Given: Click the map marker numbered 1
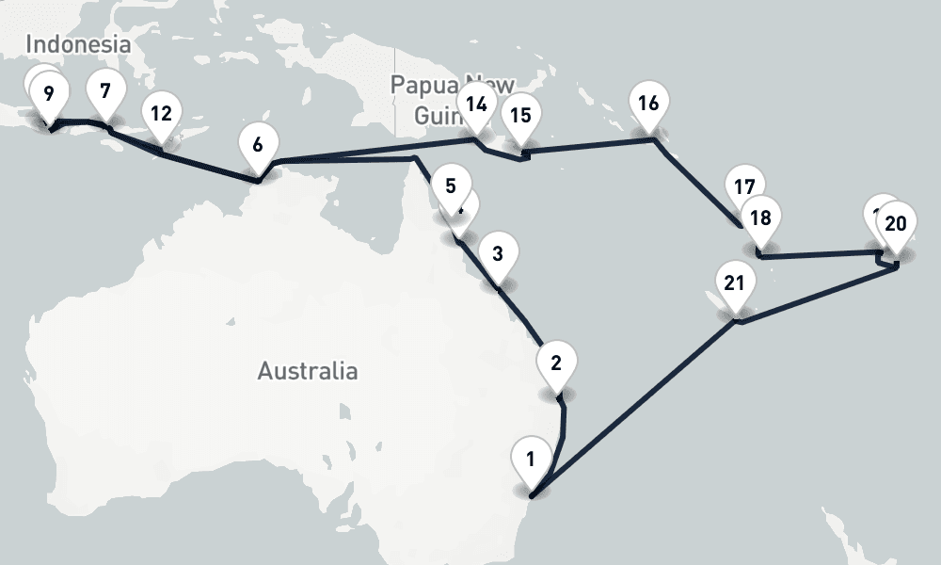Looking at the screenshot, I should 531,460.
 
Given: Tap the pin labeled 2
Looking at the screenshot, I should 556,363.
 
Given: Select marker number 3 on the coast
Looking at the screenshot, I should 498,253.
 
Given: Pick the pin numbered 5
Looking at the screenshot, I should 451,186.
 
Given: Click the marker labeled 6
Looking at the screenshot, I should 258,146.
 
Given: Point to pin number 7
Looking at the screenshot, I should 104,92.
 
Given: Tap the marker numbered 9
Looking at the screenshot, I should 48,94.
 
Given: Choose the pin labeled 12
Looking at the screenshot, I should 161,114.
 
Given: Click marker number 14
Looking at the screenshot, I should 477,104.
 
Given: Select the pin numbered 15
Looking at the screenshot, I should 519,116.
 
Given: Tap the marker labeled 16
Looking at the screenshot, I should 647,104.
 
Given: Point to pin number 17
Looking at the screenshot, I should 745,185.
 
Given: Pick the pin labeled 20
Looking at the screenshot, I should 896,223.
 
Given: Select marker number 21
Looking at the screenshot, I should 735,282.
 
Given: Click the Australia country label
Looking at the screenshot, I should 308,371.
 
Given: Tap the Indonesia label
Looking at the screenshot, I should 77,43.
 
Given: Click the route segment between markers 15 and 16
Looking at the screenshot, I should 588,145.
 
